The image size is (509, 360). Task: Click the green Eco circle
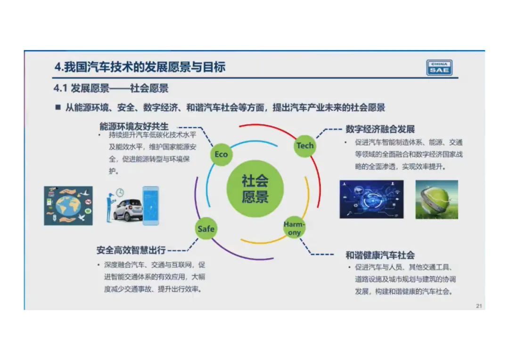click(x=221, y=155)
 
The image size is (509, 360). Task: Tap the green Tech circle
click(x=305, y=146)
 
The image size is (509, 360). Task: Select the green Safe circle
click(x=206, y=229)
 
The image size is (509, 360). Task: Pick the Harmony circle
click(x=294, y=228)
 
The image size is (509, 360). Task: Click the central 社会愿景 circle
click(x=255, y=188)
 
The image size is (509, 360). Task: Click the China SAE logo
click(x=439, y=67)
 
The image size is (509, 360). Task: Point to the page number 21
click(x=479, y=306)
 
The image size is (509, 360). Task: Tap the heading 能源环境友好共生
click(x=134, y=126)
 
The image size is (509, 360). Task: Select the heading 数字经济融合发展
click(x=380, y=129)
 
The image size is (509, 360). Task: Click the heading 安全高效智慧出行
click(x=131, y=250)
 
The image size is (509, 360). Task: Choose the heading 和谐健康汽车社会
click(x=380, y=255)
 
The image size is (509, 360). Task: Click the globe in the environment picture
click(x=68, y=206)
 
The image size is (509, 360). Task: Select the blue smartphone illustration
click(x=151, y=205)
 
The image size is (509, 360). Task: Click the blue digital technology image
click(x=372, y=199)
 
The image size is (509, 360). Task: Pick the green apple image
click(x=436, y=199)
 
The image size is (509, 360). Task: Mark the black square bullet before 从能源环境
click(x=58, y=107)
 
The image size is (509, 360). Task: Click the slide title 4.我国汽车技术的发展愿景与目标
click(x=140, y=67)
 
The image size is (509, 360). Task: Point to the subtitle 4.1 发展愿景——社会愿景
click(x=111, y=88)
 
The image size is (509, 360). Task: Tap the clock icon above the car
click(x=120, y=193)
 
